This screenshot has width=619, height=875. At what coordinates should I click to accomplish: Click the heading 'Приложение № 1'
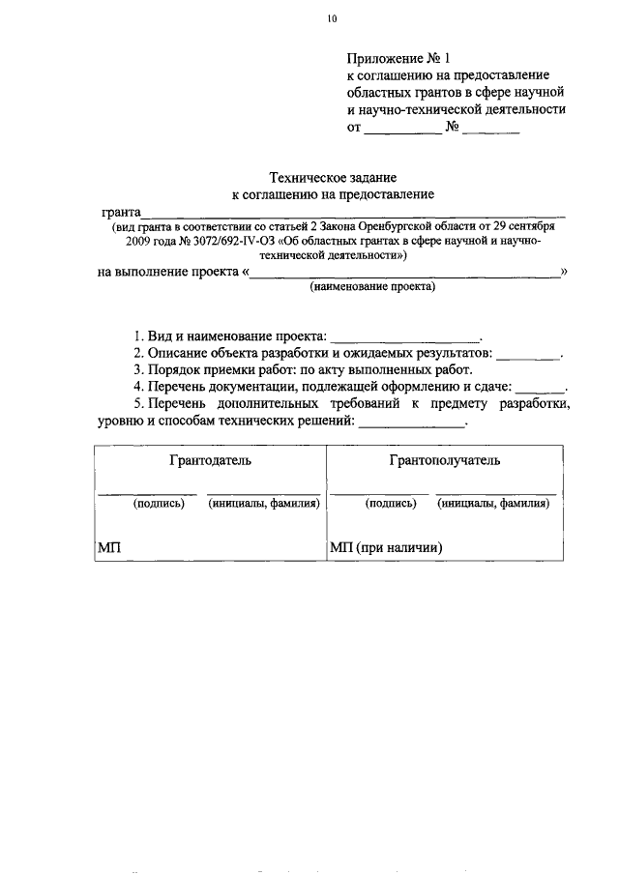pos(398,57)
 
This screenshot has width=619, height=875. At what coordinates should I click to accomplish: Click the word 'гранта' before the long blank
pos(120,212)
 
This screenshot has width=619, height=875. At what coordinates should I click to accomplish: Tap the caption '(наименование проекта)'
pos(372,287)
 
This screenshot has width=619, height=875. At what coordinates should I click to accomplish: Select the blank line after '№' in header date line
pos(490,129)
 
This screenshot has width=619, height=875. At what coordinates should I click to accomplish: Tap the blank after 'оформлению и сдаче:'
pos(540,389)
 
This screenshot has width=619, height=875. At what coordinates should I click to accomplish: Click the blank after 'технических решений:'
pos(412,423)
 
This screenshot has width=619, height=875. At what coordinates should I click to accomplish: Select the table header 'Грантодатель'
pos(211,460)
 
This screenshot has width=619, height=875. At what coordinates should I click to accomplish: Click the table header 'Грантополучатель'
pos(445,460)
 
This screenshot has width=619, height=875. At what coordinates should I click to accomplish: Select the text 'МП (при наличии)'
pos(386,547)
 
